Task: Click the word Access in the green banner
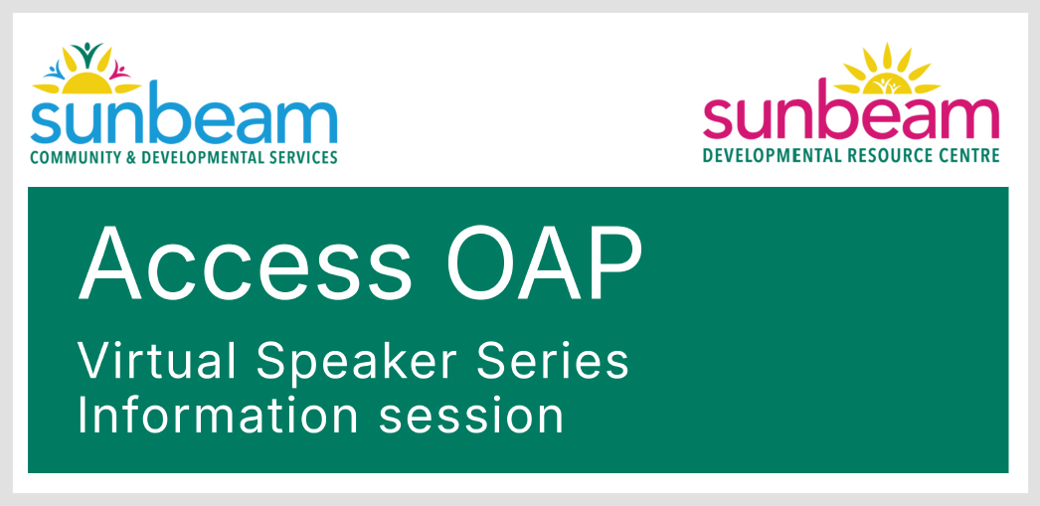(x=245, y=263)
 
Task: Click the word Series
(x=553, y=361)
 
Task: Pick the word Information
(x=218, y=416)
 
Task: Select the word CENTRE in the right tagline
(x=969, y=156)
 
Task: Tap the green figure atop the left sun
(x=87, y=52)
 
